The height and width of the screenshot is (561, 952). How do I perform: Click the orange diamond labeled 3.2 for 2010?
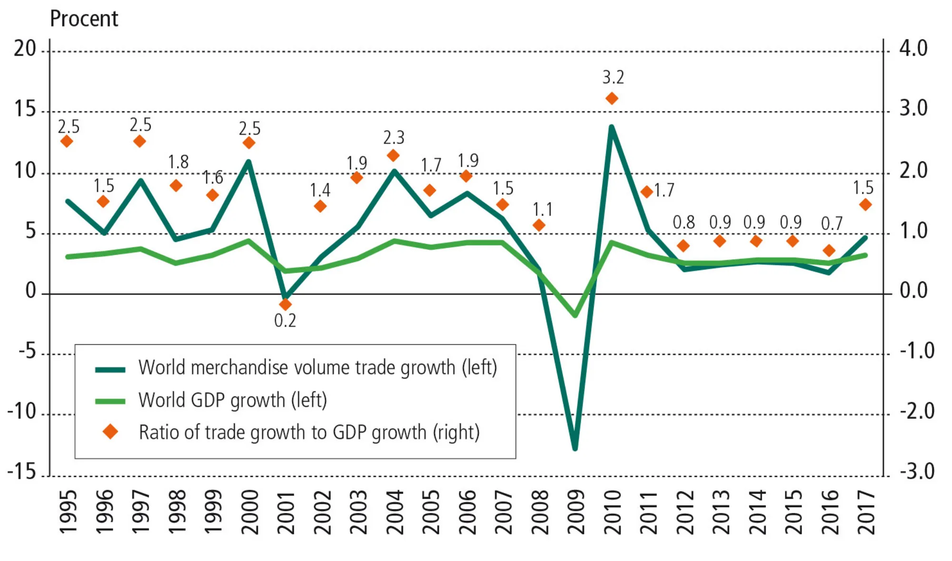tap(612, 99)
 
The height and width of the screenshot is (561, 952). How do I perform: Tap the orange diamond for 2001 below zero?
tap(285, 304)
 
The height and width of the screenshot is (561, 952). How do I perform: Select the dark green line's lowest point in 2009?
tap(575, 448)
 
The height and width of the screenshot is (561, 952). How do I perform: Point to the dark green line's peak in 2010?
tap(612, 127)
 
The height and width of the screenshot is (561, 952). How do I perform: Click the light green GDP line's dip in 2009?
tap(575, 315)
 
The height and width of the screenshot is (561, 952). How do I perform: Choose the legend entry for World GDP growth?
tap(232, 400)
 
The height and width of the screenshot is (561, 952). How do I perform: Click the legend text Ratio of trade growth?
tap(309, 432)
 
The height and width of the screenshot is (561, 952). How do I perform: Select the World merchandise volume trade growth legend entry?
tap(317, 368)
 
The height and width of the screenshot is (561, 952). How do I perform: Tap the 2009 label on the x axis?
tap(576, 512)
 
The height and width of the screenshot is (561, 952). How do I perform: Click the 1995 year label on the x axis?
tap(68, 512)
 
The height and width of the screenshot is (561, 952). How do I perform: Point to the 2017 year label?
tap(866, 512)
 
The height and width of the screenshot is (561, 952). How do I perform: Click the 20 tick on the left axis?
tap(25, 49)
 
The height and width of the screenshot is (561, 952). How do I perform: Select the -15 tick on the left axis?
tap(22, 472)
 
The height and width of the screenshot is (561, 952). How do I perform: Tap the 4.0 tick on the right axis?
tap(913, 49)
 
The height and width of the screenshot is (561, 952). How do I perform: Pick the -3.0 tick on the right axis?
tap(917, 472)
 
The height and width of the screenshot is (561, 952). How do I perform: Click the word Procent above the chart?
tap(84, 19)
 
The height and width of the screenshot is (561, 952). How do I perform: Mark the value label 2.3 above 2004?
tap(394, 138)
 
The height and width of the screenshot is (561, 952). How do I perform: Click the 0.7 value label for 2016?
tap(832, 223)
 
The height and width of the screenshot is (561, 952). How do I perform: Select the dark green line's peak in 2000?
tap(248, 162)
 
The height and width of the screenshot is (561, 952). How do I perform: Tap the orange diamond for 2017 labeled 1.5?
tap(865, 205)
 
